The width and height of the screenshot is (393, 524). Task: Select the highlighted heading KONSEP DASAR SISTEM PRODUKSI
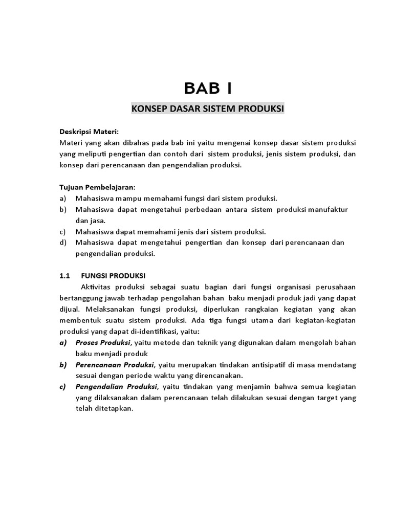pyautogui.click(x=208, y=109)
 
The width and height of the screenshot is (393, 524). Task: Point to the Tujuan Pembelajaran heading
pyautogui.click(x=98, y=187)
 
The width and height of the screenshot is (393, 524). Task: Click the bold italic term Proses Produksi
pyautogui.click(x=102, y=342)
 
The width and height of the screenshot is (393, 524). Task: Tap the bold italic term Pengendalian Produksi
pyautogui.click(x=116, y=386)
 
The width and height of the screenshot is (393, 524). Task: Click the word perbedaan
pyautogui.click(x=198, y=209)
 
